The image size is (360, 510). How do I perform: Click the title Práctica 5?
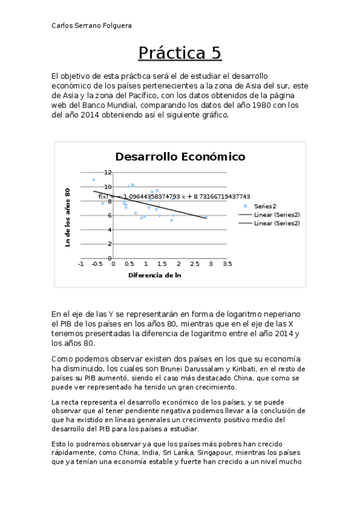[180, 54]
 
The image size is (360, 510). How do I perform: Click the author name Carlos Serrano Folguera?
[92, 25]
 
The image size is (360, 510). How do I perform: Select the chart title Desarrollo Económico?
[180, 156]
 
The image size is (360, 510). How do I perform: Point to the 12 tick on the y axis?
[108, 172]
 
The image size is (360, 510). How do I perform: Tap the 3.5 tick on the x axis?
[227, 264]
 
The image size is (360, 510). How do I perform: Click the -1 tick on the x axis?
[81, 264]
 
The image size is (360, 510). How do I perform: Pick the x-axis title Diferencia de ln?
[154, 275]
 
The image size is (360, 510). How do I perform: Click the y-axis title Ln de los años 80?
[68, 217]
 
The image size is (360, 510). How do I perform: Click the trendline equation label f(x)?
[103, 196]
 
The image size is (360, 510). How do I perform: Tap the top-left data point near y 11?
[94, 179]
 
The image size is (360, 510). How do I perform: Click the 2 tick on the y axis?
[109, 244]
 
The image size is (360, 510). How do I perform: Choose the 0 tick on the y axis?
[109, 259]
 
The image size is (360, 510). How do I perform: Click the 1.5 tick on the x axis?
[162, 264]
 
